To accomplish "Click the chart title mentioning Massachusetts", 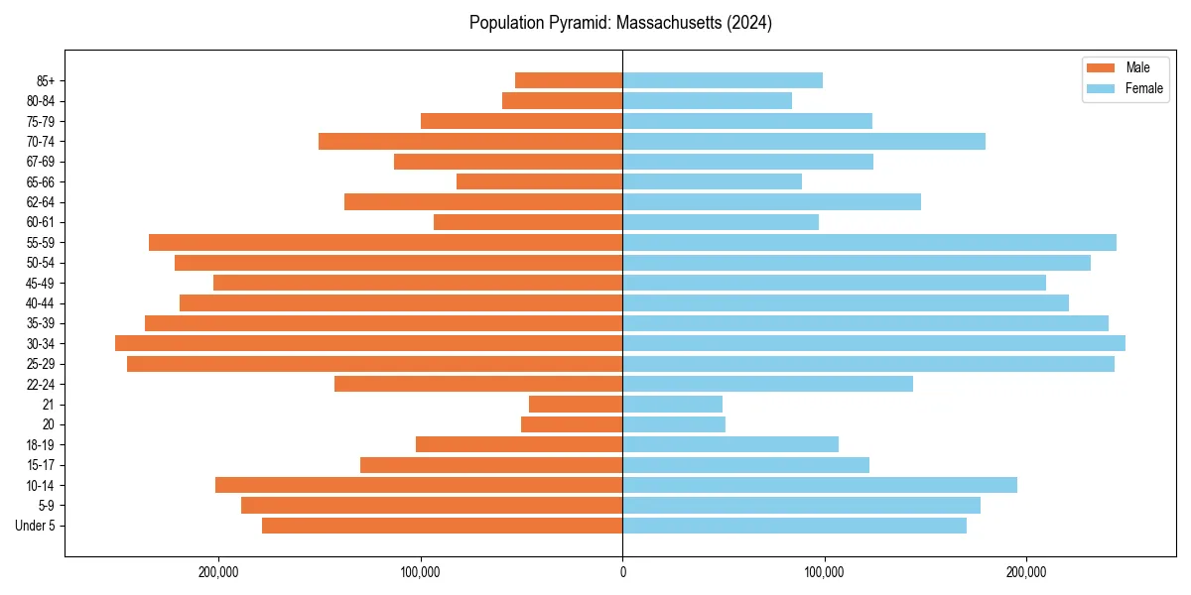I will coord(620,23).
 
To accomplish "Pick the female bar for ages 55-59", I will coord(869,242).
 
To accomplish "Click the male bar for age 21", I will coord(576,404).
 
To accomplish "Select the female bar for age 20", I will coord(674,424).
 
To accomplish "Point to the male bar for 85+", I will coord(569,80).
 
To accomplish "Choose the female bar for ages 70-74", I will coord(804,141).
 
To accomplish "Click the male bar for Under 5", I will coord(443,526).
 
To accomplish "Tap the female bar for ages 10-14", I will coord(820,485).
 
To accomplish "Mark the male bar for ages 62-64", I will coord(483,201).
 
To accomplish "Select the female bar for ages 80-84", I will coord(708,100).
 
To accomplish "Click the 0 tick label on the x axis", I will coord(622,572).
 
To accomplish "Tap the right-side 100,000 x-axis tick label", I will coord(824,572).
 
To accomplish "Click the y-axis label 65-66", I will coord(41,181).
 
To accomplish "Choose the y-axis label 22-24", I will coord(41,384).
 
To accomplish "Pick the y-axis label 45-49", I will coord(41,283).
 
